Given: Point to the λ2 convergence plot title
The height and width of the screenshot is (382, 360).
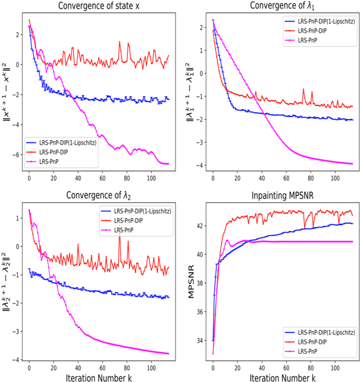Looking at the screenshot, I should pyautogui.click(x=101, y=197).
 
